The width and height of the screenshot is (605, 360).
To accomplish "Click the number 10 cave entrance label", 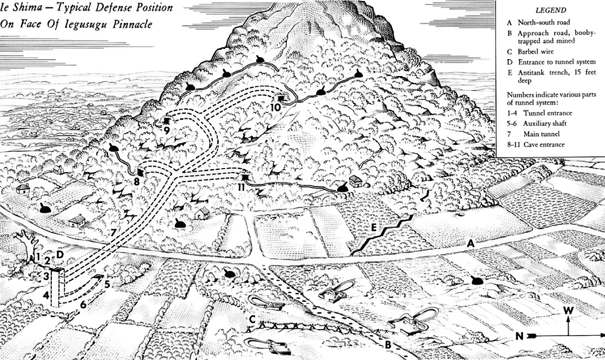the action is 276,107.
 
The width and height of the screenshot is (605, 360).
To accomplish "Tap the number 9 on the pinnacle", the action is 167,130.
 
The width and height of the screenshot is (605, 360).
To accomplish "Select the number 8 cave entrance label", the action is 136,181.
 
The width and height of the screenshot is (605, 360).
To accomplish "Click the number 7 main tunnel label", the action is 113,232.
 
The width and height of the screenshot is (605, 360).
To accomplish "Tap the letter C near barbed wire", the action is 253,320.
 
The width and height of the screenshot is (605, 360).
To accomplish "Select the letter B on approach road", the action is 387,345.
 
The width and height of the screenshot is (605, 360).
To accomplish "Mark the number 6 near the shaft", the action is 84,303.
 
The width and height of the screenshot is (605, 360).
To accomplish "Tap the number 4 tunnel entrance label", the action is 46,295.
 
